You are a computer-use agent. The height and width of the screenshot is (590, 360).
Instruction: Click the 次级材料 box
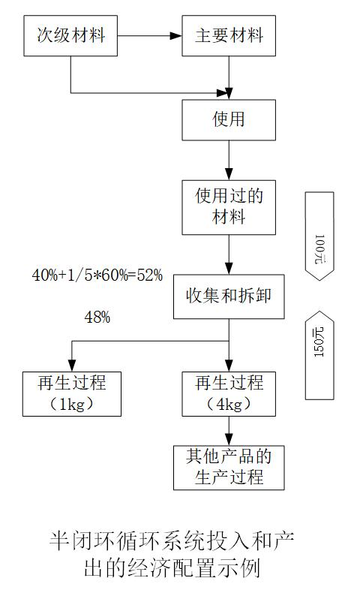pyautogui.click(x=70, y=36)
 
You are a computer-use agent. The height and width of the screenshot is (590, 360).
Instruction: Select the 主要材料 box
pyautogui.click(x=229, y=36)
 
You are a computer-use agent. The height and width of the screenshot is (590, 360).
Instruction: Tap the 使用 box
pyautogui.click(x=229, y=120)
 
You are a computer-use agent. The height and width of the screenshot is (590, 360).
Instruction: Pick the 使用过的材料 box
pyautogui.click(x=229, y=207)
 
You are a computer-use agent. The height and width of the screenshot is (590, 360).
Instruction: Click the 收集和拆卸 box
pyautogui.click(x=229, y=297)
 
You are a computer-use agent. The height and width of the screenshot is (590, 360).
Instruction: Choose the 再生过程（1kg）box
pyautogui.click(x=72, y=394)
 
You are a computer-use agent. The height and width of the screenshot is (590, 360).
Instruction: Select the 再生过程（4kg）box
pyautogui.click(x=229, y=394)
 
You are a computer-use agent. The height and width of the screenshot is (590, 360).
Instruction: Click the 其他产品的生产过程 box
pyautogui.click(x=229, y=468)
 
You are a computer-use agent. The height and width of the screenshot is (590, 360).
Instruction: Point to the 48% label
pyautogui.click(x=97, y=318)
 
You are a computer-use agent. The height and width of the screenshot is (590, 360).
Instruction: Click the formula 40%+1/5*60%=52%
pyautogui.click(x=97, y=275)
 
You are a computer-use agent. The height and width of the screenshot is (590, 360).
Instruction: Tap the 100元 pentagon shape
pyautogui.click(x=319, y=236)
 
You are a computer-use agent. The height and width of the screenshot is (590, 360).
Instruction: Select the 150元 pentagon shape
pyautogui.click(x=319, y=355)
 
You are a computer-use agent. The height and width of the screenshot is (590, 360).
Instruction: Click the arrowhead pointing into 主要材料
pyautogui.click(x=175, y=36)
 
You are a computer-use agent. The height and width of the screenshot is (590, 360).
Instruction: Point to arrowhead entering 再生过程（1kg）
pyautogui.click(x=72, y=366)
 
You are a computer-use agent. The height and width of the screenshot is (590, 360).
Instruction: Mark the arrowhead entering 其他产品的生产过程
pyautogui.click(x=229, y=439)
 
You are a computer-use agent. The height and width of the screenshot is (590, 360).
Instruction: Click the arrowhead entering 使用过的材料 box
pyautogui.click(x=229, y=174)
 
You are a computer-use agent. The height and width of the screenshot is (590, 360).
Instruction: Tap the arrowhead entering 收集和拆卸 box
pyautogui.click(x=229, y=268)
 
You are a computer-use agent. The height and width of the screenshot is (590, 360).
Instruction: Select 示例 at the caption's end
pyautogui.click(x=240, y=567)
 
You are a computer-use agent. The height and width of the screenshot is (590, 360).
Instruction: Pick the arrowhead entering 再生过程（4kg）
pyautogui.click(x=229, y=366)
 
